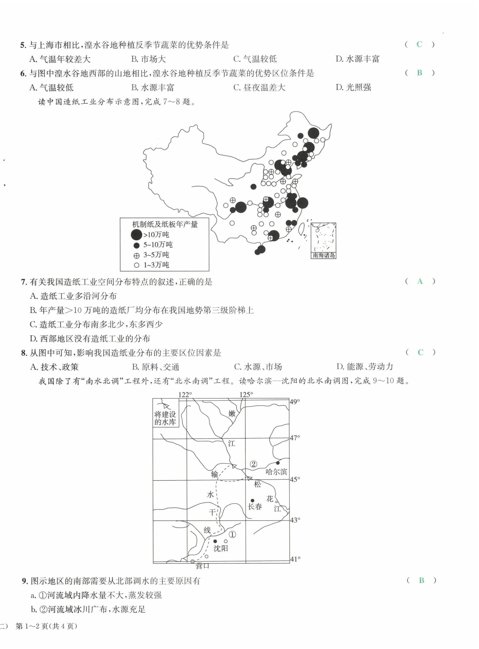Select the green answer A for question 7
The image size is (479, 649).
420,281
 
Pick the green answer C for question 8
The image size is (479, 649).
420,352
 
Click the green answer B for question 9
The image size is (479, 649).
421,580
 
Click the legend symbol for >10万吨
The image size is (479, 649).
136,235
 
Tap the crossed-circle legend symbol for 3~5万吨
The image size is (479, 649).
136,256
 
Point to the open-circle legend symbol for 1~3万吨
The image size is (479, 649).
136,265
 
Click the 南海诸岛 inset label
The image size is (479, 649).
324,256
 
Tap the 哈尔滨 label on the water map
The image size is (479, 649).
276,472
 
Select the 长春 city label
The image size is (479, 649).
255,506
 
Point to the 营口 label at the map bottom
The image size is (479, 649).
202,566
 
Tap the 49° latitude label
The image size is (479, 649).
295,402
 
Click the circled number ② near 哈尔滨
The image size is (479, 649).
253,464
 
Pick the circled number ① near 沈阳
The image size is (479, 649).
232,535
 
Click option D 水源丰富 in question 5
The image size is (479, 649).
357,59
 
